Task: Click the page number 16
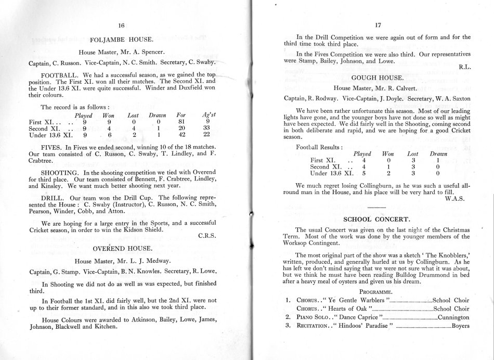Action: coord(122,25)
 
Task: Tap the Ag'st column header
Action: coord(210,115)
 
